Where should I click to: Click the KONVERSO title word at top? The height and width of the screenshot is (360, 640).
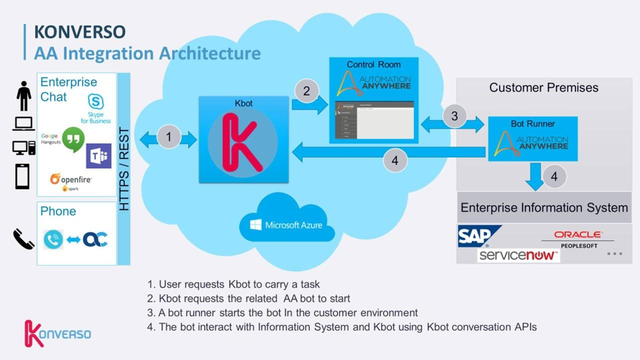point(79,31)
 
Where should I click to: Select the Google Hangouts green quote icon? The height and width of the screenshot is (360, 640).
point(73,139)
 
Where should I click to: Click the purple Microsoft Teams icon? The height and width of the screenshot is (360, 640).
point(98,156)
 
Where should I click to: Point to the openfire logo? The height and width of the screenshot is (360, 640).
point(70,179)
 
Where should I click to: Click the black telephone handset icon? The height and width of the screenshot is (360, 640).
point(23,239)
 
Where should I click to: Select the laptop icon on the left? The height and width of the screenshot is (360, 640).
point(23,124)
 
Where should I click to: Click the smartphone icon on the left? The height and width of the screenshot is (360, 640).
point(22,176)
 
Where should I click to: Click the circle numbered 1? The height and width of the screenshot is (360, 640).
point(168,136)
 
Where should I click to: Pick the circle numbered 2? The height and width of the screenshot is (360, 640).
point(306,91)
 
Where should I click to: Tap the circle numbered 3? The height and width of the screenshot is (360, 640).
point(454,116)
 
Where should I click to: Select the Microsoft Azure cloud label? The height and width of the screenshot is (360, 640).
point(286,225)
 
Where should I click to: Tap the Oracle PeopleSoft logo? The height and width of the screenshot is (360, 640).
point(578,239)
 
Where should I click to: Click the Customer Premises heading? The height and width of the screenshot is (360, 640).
point(543,87)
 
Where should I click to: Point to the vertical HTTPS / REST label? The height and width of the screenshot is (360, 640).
point(123,169)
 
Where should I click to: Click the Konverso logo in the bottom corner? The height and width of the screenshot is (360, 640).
point(57,333)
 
